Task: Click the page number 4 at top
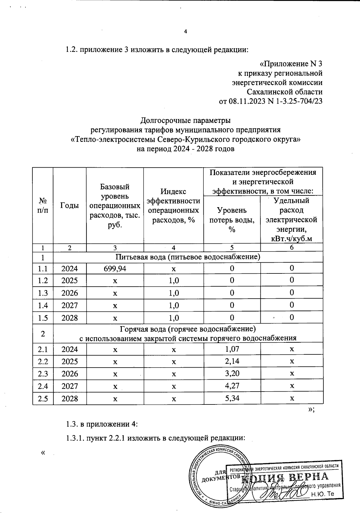pyautogui.click(x=185, y=31)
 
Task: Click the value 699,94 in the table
pyautogui.click(x=115, y=268)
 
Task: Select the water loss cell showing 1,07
pyautogui.click(x=232, y=349)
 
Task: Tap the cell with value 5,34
pyautogui.click(x=232, y=398)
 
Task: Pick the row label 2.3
pyautogui.click(x=43, y=374)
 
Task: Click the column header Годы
pyautogui.click(x=70, y=205)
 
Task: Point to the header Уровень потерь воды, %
pyautogui.click(x=232, y=219)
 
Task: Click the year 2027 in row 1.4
pyautogui.click(x=70, y=306)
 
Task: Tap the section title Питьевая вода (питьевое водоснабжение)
pyautogui.click(x=188, y=257)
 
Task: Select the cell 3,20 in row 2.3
pyautogui.click(x=232, y=374)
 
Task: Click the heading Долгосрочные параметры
pyautogui.click(x=185, y=121)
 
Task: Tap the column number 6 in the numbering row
pyautogui.click(x=292, y=248)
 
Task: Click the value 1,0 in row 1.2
pyautogui.click(x=174, y=281)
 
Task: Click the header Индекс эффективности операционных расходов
pyautogui.click(x=174, y=205)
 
